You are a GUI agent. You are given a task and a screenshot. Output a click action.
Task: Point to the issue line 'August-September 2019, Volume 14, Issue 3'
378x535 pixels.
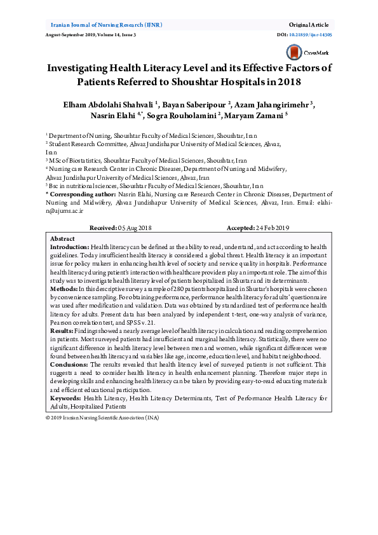tap(91, 34)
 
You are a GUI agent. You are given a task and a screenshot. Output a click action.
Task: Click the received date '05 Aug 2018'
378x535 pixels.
tap(135, 227)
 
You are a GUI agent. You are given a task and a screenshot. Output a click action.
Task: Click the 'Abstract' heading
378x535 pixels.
tap(62, 238)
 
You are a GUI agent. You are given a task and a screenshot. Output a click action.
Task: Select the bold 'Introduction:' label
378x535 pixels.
tap(70, 246)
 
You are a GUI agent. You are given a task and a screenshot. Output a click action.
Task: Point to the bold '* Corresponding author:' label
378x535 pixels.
tap(81, 193)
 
